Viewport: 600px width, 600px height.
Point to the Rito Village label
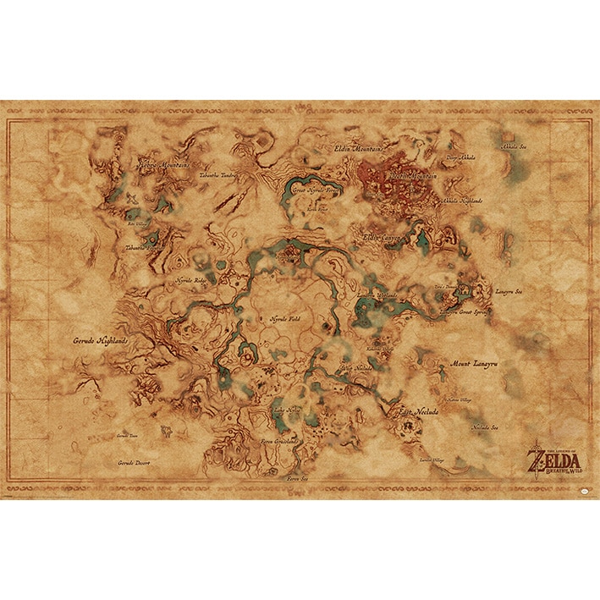pos(138,224)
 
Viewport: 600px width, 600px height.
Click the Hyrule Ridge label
pos(190,278)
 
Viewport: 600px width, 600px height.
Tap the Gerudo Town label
pos(127,435)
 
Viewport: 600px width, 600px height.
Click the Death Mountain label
pos(411,174)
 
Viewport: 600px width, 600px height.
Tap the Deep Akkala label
pos(461,157)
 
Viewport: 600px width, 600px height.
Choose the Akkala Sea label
pos(514,146)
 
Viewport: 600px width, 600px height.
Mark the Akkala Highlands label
pos(463,201)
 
